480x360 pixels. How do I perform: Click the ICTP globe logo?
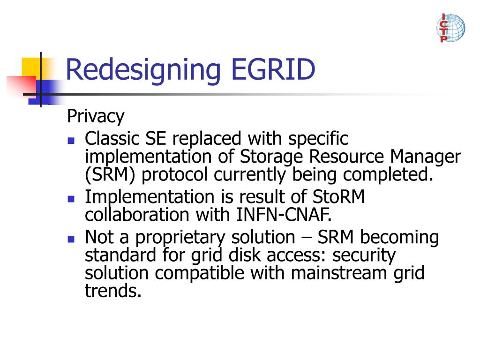(450, 28)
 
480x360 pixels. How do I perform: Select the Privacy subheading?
(96, 116)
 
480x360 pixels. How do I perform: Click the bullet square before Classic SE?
(71, 140)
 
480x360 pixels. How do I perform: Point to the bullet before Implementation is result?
(71, 198)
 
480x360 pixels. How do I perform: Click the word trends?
(113, 291)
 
